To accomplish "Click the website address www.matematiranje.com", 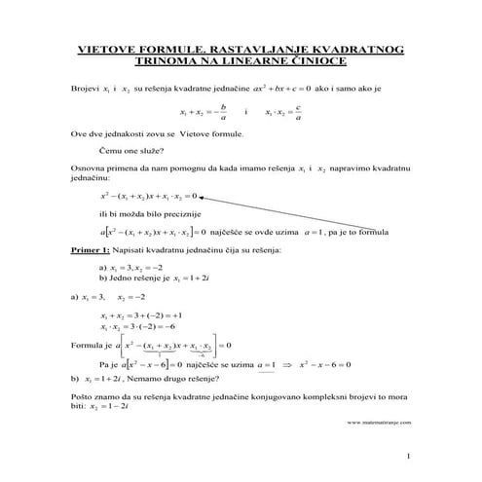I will pos(379,423).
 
